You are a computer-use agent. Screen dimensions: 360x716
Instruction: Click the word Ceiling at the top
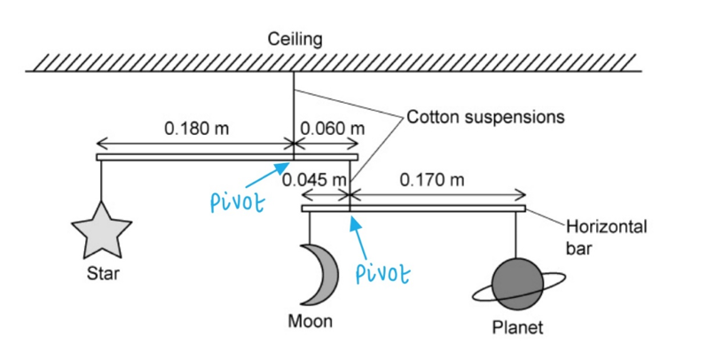295,39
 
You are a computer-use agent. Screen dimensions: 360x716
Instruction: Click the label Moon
311,321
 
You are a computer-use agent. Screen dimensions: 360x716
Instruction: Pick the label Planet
516,329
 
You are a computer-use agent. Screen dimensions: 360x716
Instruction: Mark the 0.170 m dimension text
432,180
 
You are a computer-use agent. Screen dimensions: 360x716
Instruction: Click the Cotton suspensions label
485,116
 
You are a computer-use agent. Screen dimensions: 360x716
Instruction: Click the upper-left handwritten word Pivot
238,202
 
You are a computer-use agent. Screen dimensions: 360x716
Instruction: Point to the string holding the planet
515,235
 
